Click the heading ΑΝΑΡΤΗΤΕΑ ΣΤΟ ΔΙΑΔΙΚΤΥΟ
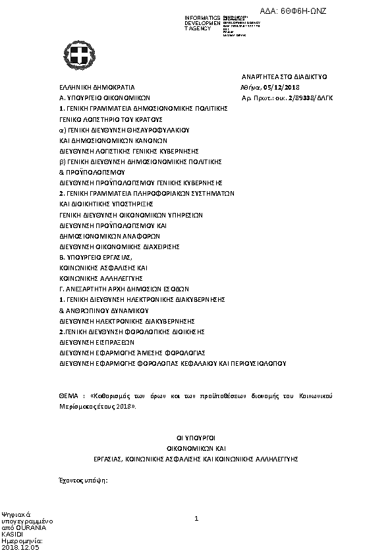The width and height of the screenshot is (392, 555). pos(285,77)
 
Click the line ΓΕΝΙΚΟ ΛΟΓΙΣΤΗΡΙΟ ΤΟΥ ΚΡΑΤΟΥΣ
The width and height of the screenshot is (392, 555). pos(111,120)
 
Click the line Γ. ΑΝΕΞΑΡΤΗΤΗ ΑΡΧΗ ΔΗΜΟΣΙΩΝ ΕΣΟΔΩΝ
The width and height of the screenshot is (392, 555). pos(124,289)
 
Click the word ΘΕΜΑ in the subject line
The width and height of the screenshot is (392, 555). pos(69,395)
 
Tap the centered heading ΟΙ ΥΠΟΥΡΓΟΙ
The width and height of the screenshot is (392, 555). pos(196,437)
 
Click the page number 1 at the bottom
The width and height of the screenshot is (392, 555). pos(196,519)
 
